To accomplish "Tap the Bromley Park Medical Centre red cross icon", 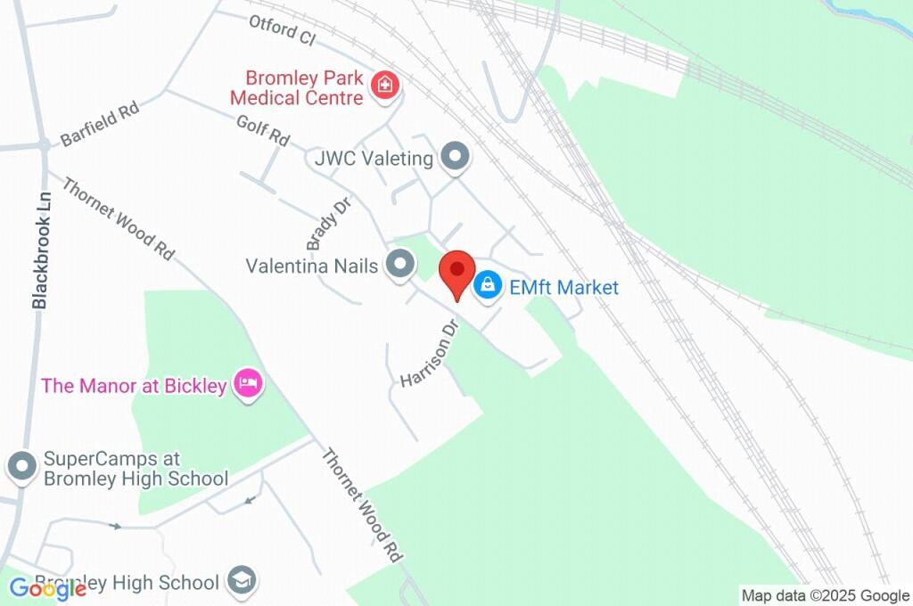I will click(386, 86).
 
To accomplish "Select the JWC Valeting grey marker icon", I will click(456, 158).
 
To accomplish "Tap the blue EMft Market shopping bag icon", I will click(487, 286).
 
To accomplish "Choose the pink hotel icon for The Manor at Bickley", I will click(248, 384).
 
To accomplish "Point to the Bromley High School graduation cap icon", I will click(241, 581).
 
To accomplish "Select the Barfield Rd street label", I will click(100, 125).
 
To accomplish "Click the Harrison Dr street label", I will click(429, 355).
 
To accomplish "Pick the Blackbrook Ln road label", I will click(39, 253).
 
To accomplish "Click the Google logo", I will click(47, 587).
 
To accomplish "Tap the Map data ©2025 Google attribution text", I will click(825, 595).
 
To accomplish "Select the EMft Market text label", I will click(563, 287).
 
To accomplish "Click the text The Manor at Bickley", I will click(134, 386).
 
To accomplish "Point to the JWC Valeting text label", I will click(374, 159).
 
